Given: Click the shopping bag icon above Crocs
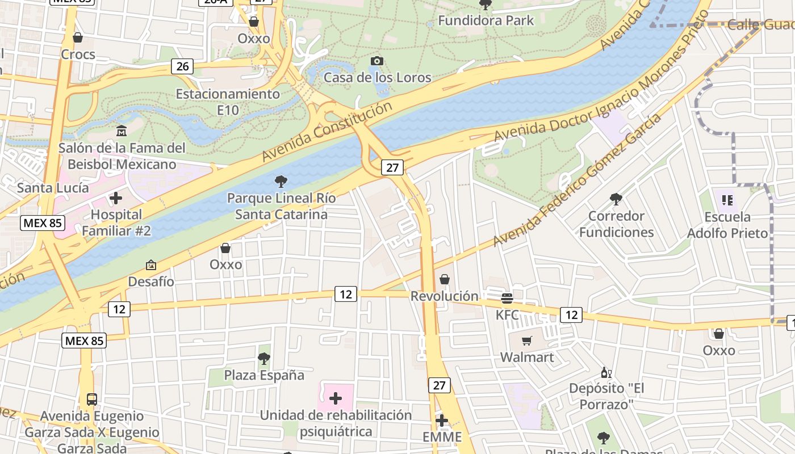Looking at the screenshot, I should coord(78,37).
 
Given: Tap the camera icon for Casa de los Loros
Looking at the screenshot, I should coord(376,61).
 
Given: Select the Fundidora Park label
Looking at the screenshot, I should coord(486,20).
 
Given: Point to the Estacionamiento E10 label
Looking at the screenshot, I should coord(228,102).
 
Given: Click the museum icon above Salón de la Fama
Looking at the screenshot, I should coord(122,131).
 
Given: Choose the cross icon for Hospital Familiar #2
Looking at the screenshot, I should coord(116,198).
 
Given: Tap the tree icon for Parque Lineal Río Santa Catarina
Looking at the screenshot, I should coord(281,182).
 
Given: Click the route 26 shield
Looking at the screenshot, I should coord(182,66).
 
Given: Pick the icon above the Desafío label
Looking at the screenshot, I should coord(151,265).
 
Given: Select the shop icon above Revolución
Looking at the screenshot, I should coord(445,279).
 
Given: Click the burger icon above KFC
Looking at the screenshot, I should coord(507,298).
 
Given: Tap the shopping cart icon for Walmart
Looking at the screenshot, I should coord(527,340).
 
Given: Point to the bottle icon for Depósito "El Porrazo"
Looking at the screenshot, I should coord(606,372).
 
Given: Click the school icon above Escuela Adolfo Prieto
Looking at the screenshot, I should coord(727,200).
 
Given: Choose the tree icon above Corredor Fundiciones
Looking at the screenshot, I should coord(616,199).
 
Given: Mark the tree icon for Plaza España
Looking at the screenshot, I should coord(263,358).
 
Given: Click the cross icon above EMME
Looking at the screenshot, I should coord(442,421).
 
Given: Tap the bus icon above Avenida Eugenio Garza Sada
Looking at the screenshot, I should coord(92,399).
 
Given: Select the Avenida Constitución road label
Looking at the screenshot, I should coord(327,131).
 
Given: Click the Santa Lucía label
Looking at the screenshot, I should coord(53,187).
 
